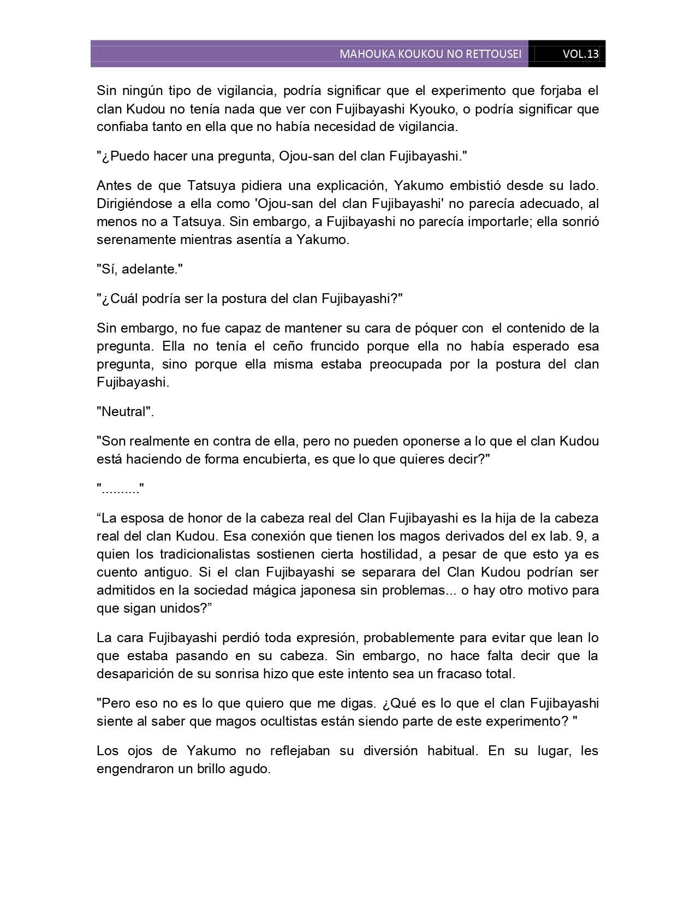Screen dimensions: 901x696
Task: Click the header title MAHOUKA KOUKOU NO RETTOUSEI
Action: click(430, 54)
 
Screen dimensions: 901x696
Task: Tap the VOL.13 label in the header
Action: click(580, 54)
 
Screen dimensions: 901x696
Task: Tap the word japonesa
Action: click(334, 590)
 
